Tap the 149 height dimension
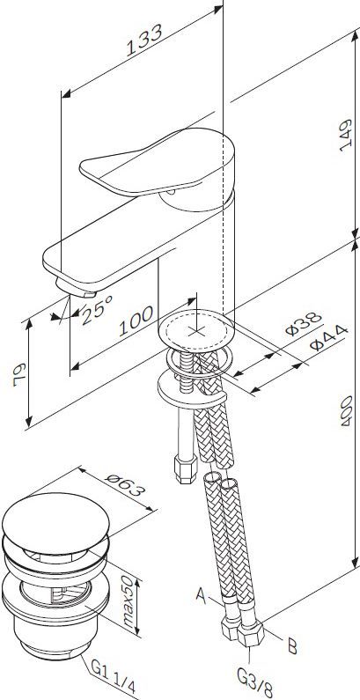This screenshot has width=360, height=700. [x=345, y=136]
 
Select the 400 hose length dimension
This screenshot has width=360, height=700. [x=346, y=410]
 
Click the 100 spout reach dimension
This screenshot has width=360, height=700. [x=136, y=321]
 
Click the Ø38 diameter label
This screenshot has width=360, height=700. [x=304, y=324]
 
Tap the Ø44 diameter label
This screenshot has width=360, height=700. [x=328, y=337]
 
